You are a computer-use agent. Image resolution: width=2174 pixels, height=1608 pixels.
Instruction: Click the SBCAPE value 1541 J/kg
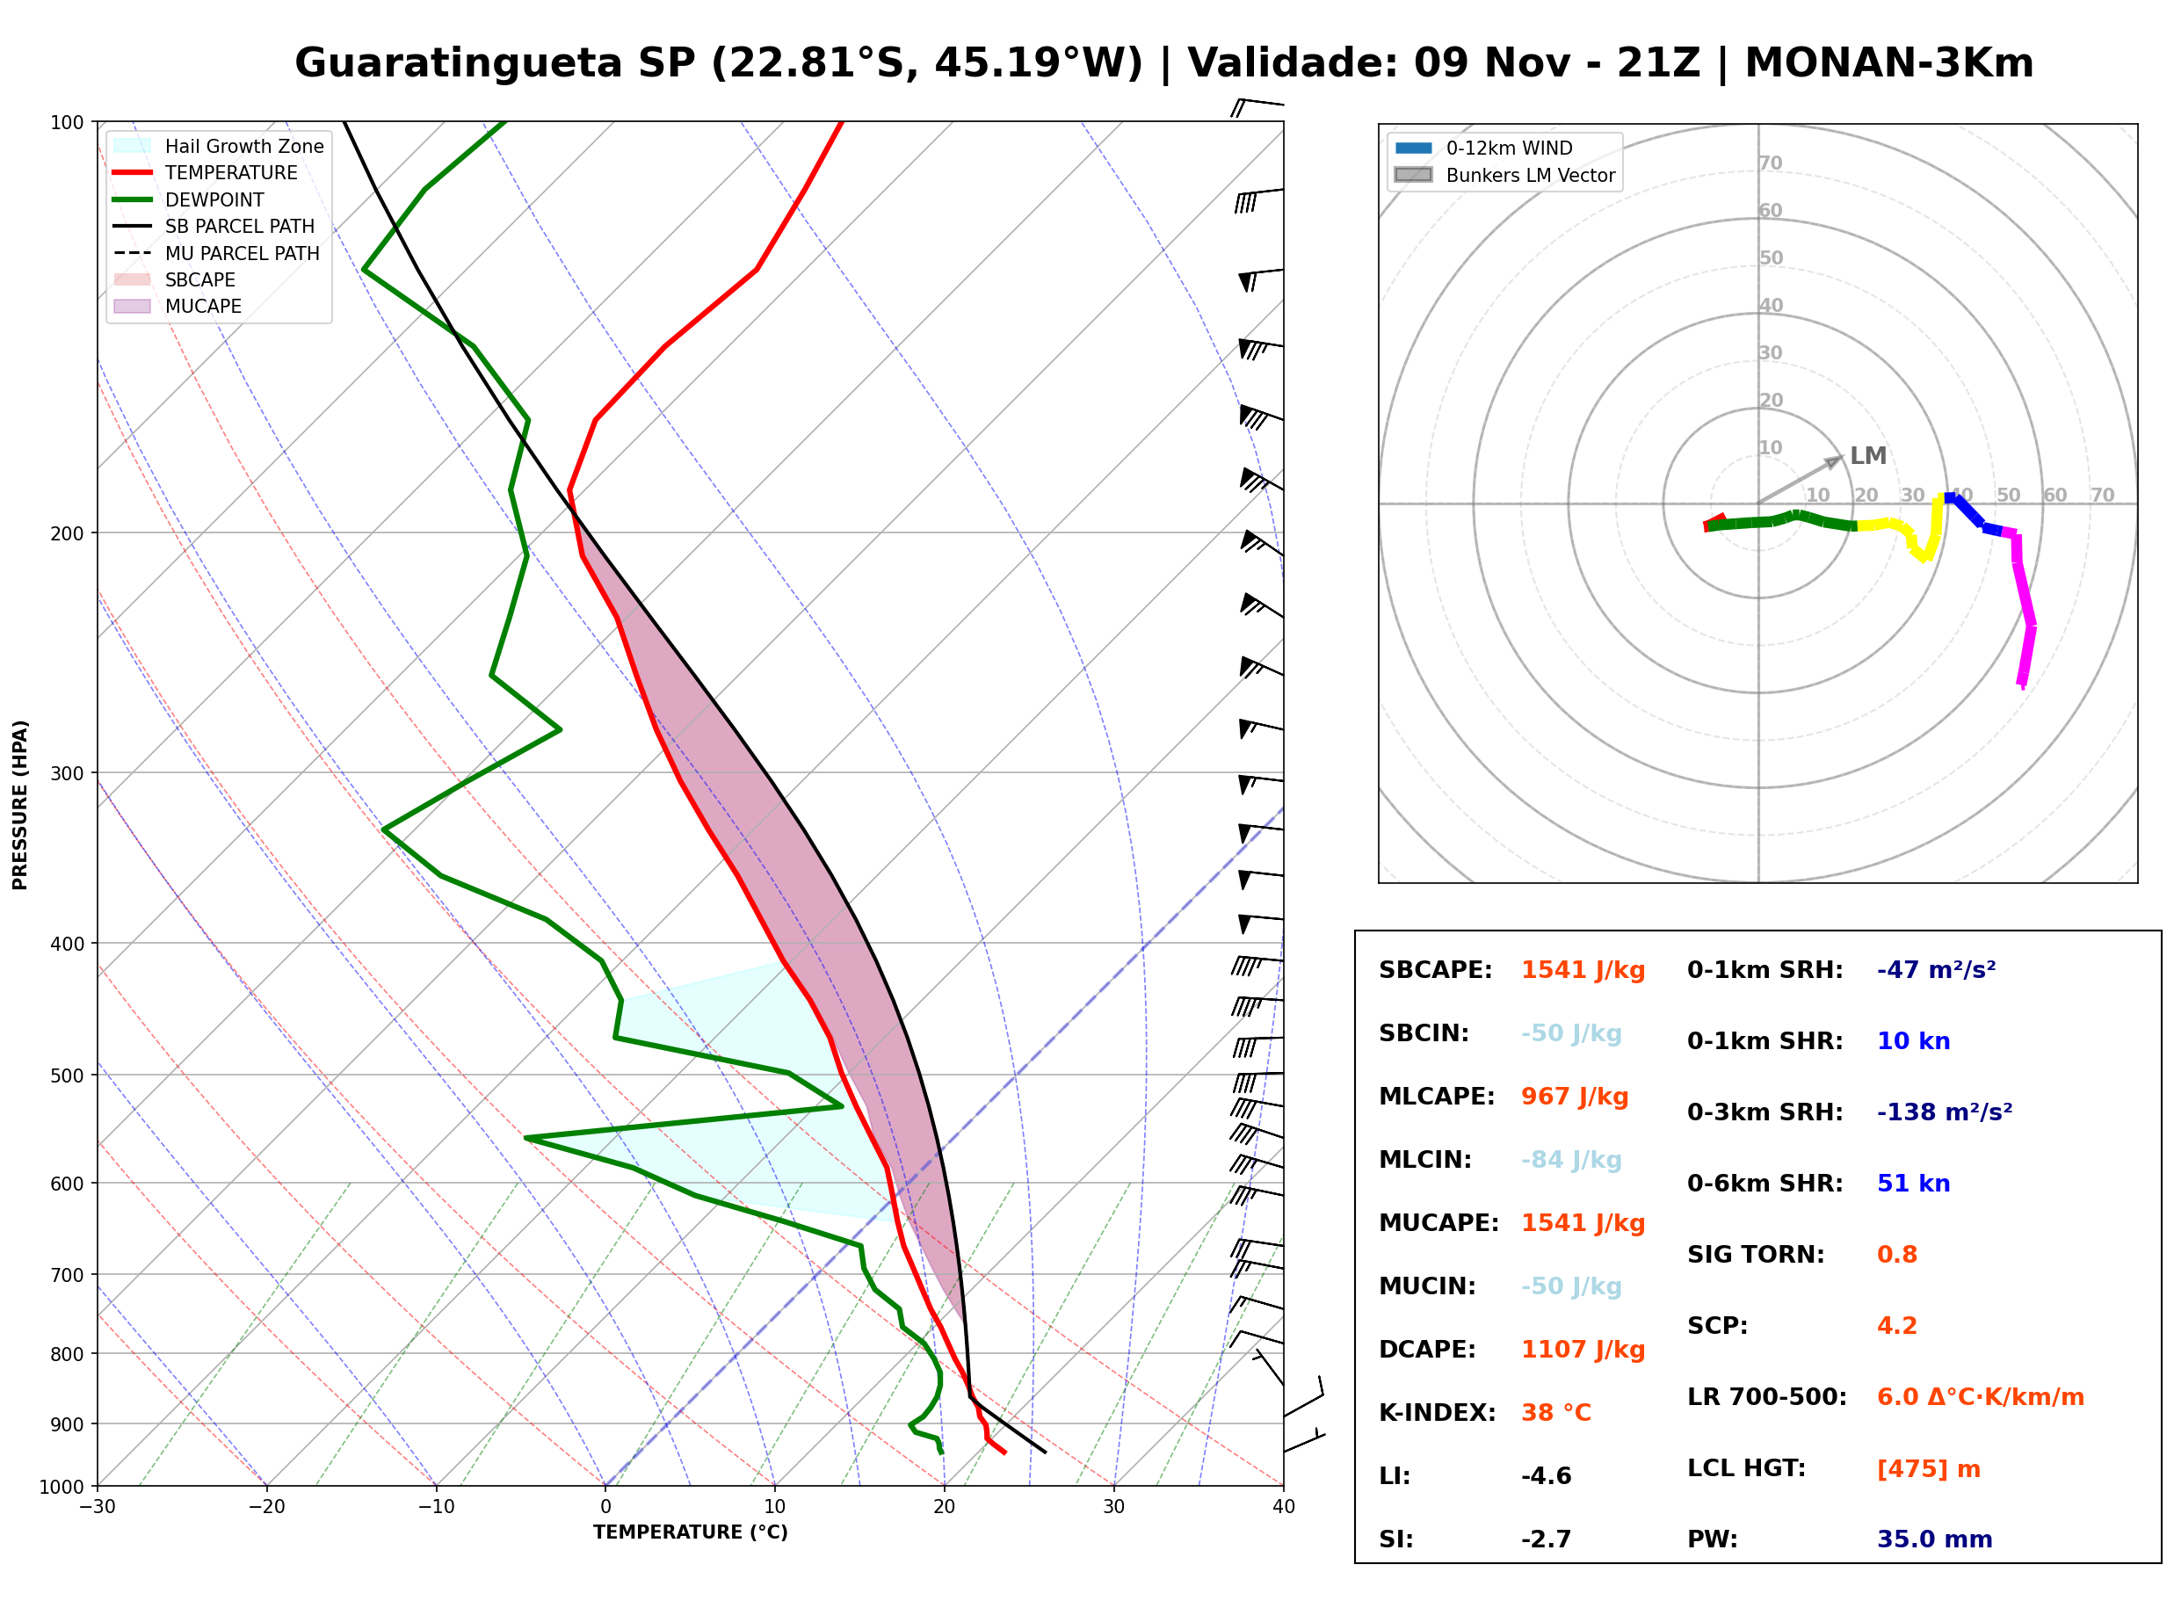[1583, 970]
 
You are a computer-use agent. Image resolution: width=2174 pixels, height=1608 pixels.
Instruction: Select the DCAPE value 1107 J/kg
[1583, 1350]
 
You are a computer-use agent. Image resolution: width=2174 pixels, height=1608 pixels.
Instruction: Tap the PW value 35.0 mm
[1935, 1539]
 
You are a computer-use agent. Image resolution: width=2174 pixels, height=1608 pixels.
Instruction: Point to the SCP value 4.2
[1896, 1326]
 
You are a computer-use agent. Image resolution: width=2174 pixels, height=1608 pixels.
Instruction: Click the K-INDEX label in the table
[1438, 1413]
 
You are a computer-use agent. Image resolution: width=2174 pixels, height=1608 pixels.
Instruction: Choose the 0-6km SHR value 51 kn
[1913, 1184]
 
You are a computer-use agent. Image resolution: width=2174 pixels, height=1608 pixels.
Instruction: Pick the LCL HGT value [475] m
[1929, 1469]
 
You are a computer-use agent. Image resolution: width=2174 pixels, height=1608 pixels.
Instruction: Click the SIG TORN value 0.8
[1896, 1255]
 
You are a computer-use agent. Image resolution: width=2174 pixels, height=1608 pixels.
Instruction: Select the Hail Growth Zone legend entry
[219, 146]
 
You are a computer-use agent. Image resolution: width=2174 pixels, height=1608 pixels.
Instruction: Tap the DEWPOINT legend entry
[189, 199]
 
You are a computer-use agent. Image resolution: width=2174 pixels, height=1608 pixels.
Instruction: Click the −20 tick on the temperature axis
[265, 1507]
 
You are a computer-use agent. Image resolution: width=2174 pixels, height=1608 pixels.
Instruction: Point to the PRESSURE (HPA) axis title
[19, 805]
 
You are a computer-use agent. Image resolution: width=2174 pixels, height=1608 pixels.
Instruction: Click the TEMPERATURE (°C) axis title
[690, 1533]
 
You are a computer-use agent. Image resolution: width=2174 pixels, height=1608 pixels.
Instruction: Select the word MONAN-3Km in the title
[1889, 63]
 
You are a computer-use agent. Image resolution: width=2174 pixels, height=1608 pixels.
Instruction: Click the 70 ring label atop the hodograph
[1770, 163]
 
